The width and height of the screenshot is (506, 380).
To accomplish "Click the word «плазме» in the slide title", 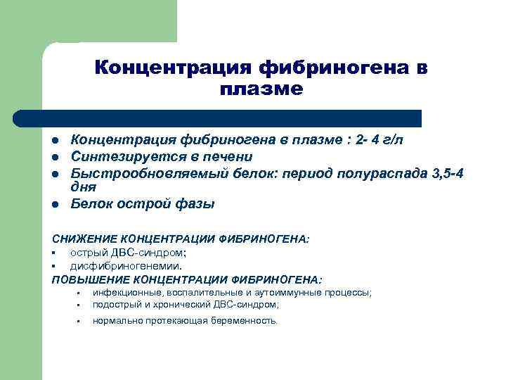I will click(x=261, y=89).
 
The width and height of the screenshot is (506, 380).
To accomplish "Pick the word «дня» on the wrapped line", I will click(x=83, y=187).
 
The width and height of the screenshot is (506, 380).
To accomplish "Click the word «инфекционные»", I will click(x=126, y=293).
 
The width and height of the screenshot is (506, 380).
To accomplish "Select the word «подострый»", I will click(x=117, y=305).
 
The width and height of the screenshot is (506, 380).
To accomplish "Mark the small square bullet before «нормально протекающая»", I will click(x=79, y=322).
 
